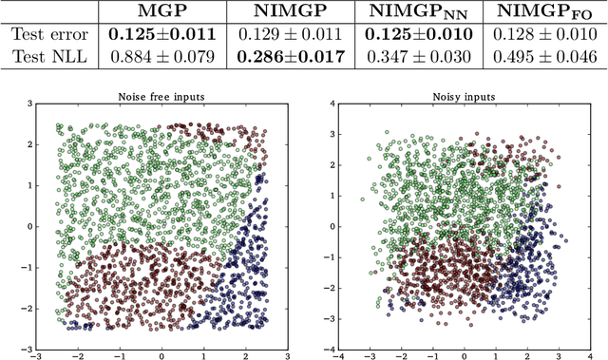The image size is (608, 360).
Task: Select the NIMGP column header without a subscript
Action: point(289,12)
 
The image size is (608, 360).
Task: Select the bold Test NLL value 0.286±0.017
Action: point(289,57)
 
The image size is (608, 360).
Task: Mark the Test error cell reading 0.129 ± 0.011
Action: point(289,35)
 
